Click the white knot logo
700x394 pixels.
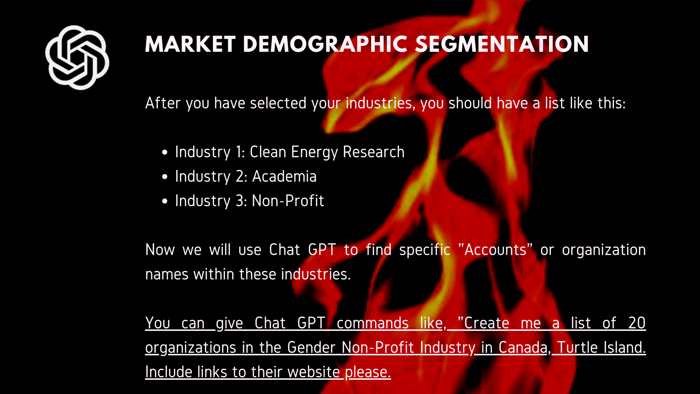pos(77,58)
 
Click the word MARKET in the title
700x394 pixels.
pos(190,45)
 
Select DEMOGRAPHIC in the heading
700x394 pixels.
pos(325,45)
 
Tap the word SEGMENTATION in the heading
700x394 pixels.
pos(502,45)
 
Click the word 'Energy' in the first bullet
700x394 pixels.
pos(314,152)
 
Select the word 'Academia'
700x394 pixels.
pos(284,177)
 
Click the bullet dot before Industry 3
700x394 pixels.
pos(165,201)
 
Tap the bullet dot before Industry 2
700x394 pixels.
pos(165,177)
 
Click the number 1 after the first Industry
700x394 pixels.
pos(240,152)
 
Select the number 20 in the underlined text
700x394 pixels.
pos(637,323)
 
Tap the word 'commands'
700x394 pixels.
pos(372,323)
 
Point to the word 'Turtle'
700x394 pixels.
pos(577,348)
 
